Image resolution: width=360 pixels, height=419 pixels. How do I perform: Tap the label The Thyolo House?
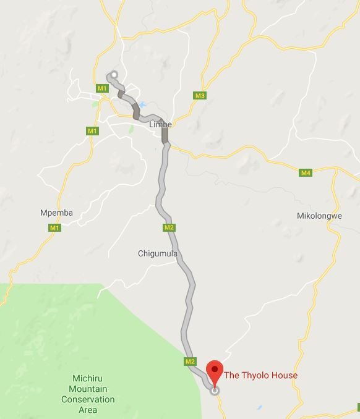(x=260, y=375)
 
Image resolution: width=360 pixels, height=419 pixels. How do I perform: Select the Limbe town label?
(x=160, y=124)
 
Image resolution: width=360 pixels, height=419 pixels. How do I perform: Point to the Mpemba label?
(x=56, y=213)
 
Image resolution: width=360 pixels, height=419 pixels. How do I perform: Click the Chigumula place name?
(x=157, y=253)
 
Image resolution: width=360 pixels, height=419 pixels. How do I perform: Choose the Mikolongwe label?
(x=319, y=216)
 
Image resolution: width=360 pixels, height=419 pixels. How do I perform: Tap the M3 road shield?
(x=200, y=96)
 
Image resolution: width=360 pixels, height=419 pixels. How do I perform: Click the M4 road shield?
(x=306, y=172)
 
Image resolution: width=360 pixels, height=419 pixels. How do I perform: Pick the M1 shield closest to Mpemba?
(x=55, y=228)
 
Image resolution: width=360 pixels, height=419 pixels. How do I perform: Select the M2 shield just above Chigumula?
(x=169, y=227)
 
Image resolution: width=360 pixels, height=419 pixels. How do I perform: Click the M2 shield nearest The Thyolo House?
(x=190, y=362)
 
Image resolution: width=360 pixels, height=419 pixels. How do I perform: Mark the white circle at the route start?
(x=114, y=75)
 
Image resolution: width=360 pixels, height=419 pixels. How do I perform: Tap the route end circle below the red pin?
(x=215, y=391)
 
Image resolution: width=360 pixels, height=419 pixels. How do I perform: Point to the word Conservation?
(x=88, y=399)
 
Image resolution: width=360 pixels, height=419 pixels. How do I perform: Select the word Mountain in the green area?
(x=88, y=389)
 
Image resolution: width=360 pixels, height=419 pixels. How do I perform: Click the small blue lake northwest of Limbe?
(x=142, y=105)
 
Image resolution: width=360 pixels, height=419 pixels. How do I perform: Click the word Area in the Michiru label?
(x=88, y=410)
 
